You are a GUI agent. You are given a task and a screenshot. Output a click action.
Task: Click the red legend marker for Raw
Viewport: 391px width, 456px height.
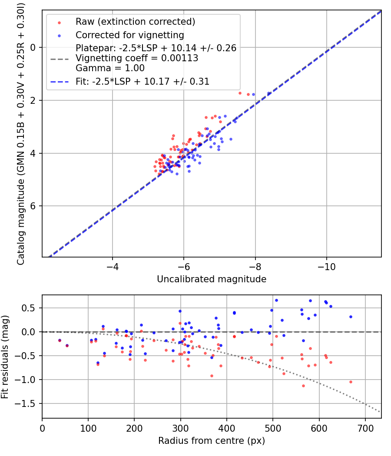tap(60, 23)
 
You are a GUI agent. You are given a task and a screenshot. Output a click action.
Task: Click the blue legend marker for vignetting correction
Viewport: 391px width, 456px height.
tap(60, 36)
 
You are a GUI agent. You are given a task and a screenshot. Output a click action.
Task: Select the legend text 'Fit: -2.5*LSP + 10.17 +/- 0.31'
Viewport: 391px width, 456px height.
tap(142, 82)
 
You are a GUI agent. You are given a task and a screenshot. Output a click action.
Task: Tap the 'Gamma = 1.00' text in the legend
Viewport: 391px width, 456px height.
tap(110, 68)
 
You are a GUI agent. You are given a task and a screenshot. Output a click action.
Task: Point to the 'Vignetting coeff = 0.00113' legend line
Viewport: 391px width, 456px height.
tap(137, 58)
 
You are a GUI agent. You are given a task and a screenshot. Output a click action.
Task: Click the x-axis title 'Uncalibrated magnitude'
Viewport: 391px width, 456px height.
tap(212, 279)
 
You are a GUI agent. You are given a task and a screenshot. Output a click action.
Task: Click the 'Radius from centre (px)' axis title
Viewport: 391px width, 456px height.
tap(212, 441)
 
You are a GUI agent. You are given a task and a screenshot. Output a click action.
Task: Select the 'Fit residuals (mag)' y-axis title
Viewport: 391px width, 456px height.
tap(5, 357)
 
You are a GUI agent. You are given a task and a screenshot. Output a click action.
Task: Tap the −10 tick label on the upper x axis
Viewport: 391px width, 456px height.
tap(326, 267)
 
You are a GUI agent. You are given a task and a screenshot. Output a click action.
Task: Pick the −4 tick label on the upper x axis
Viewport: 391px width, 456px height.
tap(112, 267)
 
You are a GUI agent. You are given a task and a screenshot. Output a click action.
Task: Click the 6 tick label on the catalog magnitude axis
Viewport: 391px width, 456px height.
tap(33, 206)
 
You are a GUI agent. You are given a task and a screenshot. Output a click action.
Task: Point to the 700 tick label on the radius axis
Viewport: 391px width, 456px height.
tap(365, 429)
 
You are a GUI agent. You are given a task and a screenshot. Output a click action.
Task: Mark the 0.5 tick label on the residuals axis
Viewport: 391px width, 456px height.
tap(30, 308)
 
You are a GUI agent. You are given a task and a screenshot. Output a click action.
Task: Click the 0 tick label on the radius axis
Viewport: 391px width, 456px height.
tap(43, 429)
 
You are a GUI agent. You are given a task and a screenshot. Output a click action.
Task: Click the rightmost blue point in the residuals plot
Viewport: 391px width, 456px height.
tap(351, 317)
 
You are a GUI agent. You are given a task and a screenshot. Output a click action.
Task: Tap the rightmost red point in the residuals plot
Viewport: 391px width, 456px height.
tap(351, 382)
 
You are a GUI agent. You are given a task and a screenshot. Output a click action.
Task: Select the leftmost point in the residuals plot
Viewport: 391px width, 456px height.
tap(60, 340)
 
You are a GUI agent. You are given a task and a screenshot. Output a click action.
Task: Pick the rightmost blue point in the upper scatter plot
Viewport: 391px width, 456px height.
tap(269, 93)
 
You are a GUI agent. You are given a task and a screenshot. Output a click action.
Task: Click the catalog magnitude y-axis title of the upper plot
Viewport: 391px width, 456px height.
tap(21, 134)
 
